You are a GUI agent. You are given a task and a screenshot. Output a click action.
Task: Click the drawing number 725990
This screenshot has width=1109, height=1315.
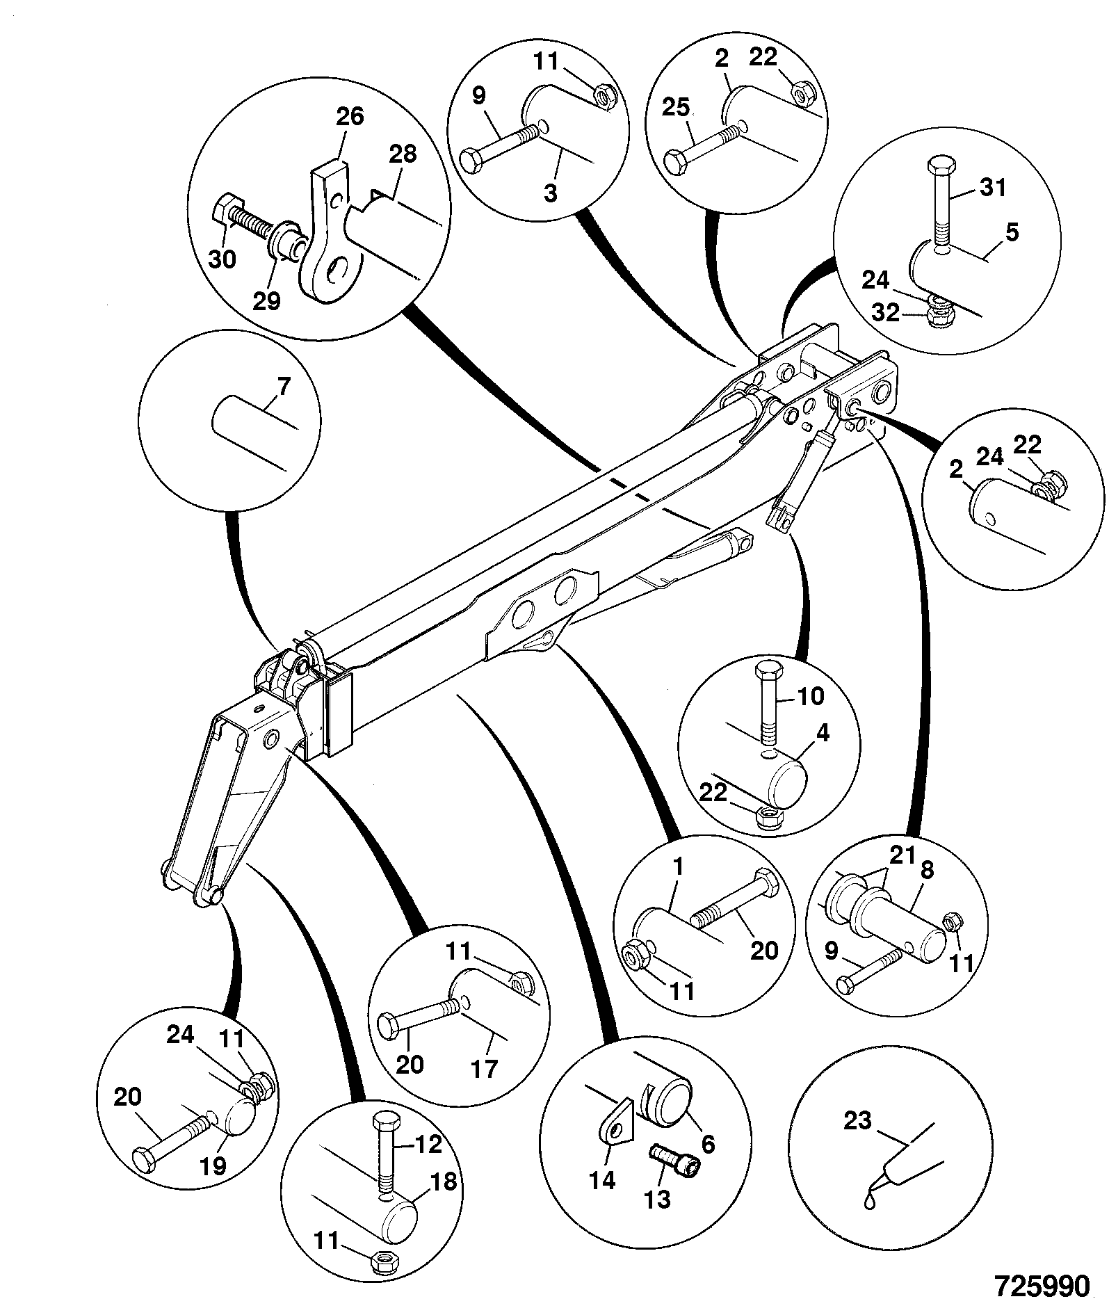click(x=1041, y=1286)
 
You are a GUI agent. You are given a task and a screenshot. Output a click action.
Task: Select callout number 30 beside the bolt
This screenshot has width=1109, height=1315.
click(x=222, y=260)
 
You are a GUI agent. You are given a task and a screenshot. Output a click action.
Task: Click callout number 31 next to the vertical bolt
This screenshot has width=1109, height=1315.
click(x=992, y=187)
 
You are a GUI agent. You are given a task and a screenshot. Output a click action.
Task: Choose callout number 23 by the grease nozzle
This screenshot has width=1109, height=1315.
click(x=858, y=1122)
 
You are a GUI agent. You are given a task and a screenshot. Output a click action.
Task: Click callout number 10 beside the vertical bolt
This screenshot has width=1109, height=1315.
click(x=809, y=695)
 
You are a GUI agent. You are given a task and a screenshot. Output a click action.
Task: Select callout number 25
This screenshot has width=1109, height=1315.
click(x=675, y=108)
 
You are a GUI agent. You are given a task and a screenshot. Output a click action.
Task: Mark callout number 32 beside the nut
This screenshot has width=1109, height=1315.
click(x=886, y=313)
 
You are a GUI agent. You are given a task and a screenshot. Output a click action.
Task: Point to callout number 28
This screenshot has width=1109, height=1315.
click(x=403, y=154)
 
